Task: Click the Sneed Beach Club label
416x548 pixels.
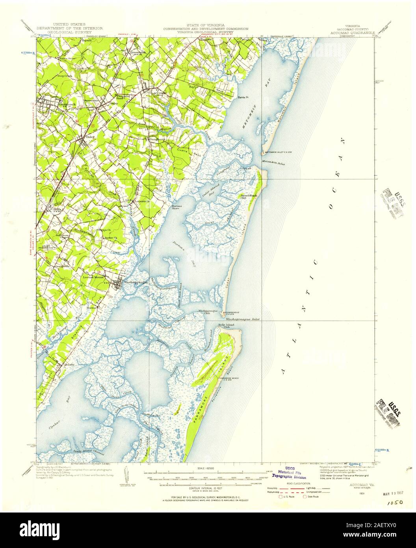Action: coord(249,197)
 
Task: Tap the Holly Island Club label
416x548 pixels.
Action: coord(226,326)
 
